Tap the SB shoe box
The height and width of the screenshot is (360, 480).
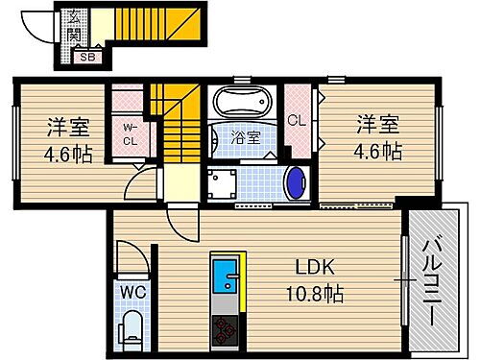(x=86, y=56)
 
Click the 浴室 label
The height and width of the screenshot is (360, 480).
(x=246, y=136)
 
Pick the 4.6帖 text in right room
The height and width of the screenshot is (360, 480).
(x=378, y=151)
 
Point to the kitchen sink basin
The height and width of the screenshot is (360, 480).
(x=228, y=282)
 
